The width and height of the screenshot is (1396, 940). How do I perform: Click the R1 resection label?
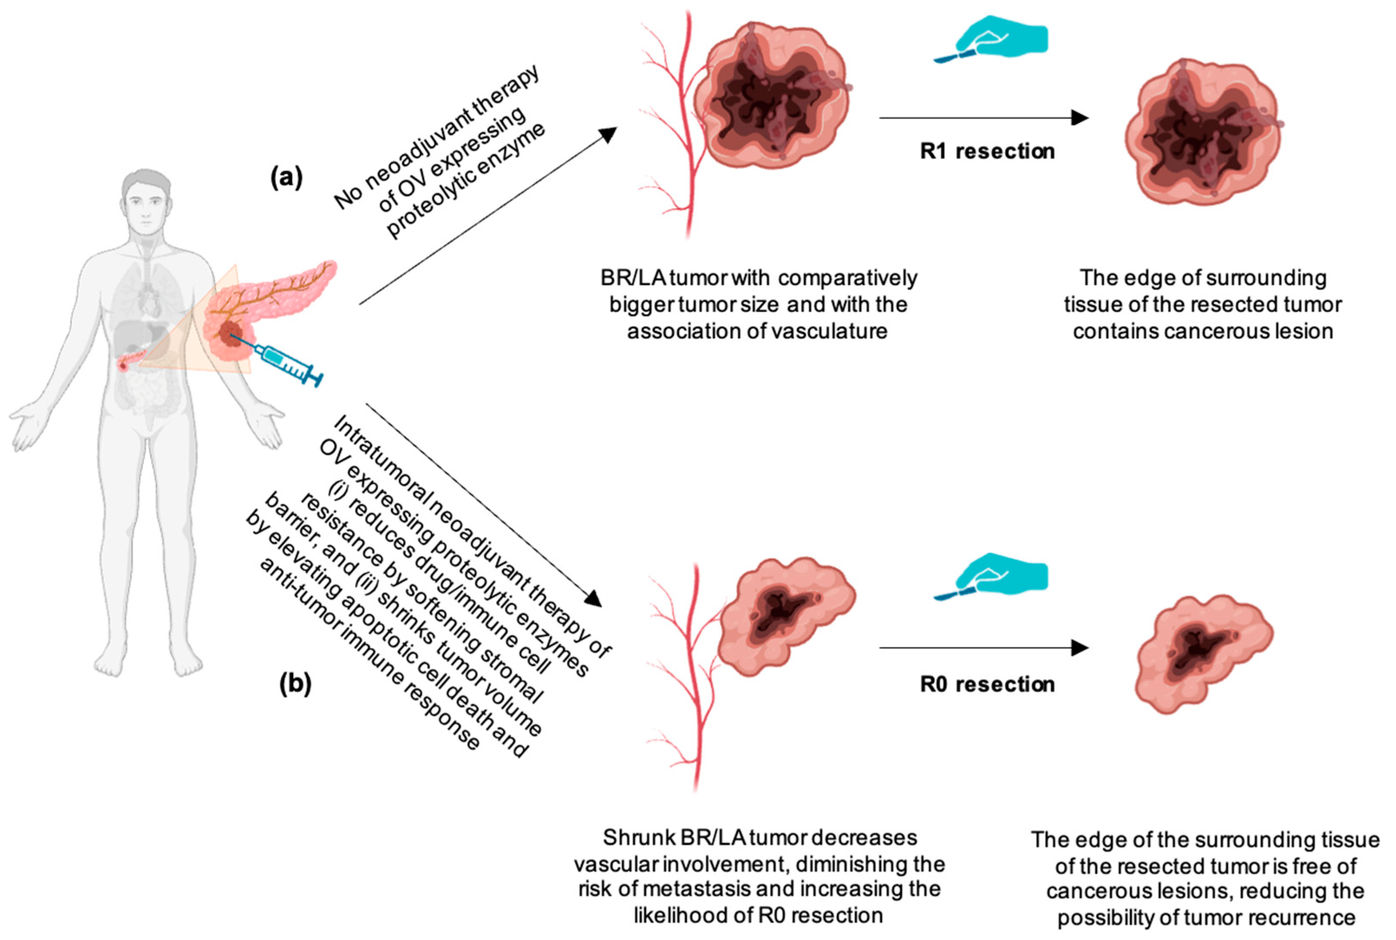[987, 151]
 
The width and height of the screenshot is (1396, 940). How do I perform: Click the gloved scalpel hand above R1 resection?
[995, 39]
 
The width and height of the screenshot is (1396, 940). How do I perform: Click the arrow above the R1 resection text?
[983, 118]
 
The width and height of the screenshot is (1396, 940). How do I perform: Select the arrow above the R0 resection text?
[983, 647]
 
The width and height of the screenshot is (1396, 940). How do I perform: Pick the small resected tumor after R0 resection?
[1202, 653]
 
